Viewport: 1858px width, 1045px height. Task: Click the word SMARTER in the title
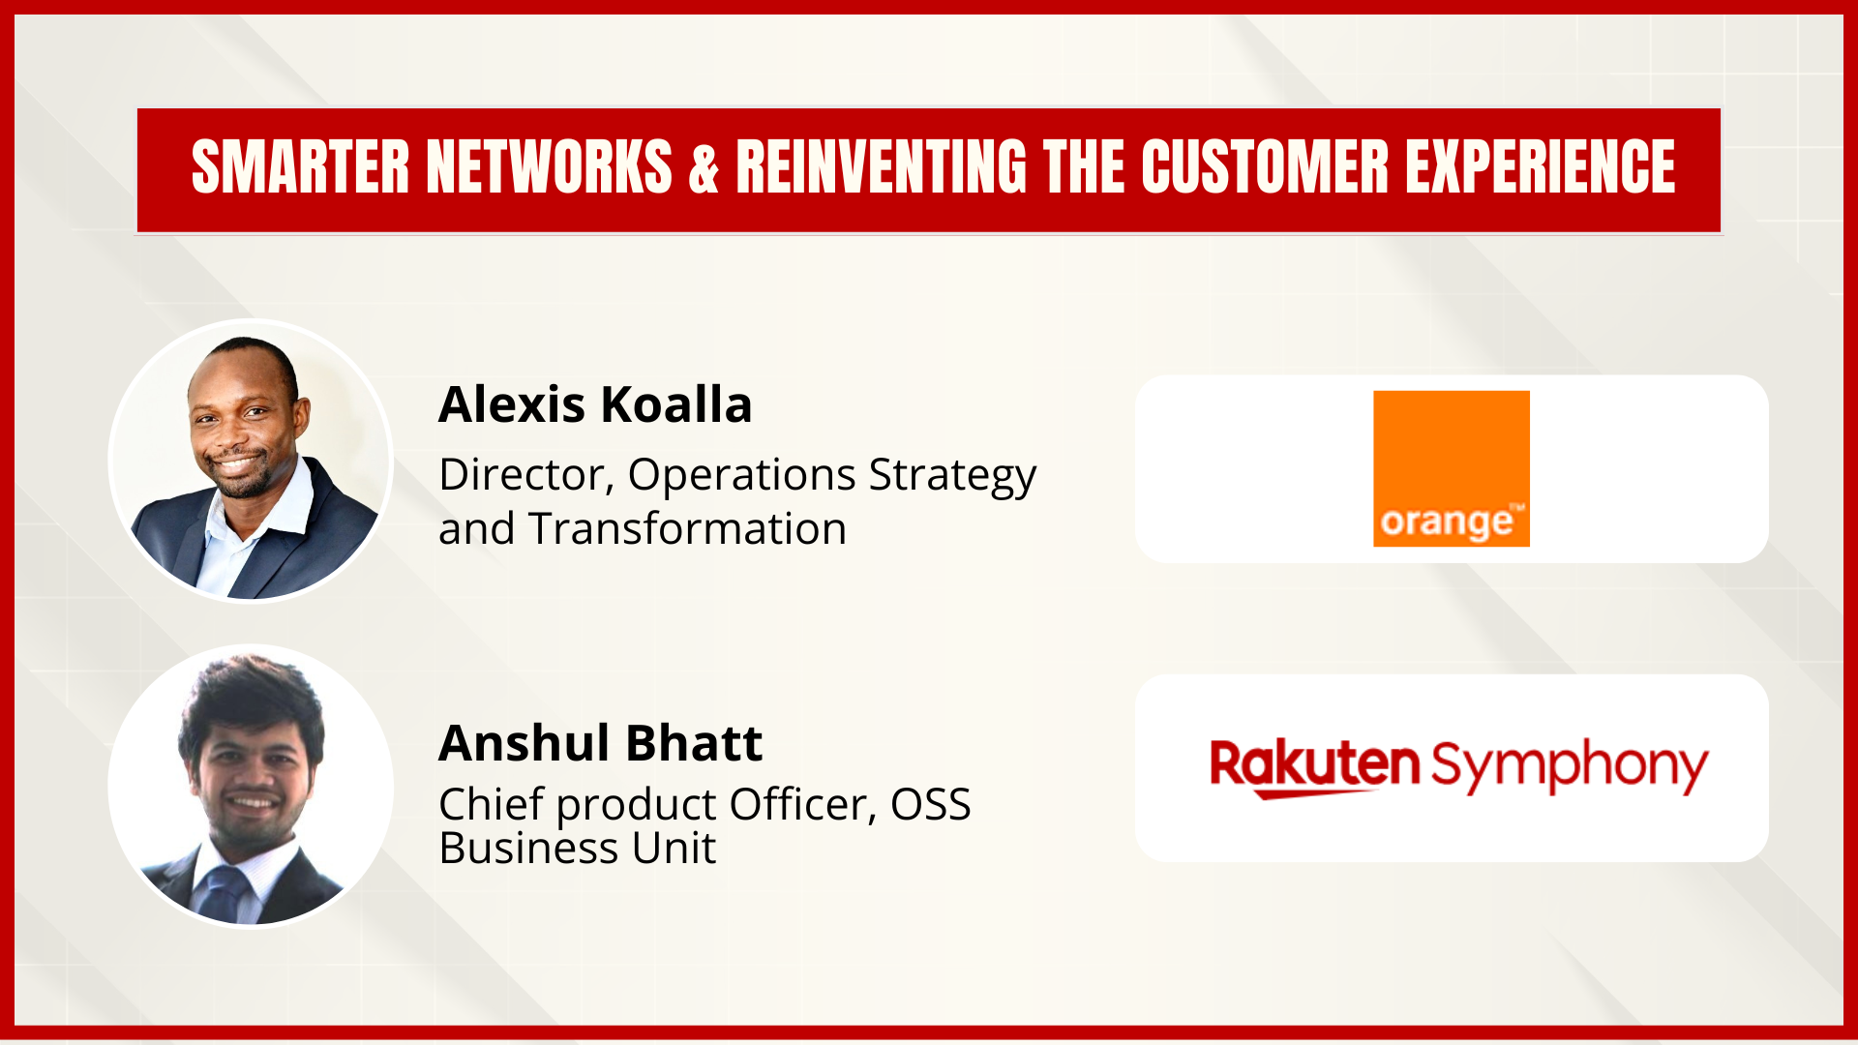[x=301, y=167]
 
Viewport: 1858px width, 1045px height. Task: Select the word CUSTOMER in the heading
[x=1265, y=167]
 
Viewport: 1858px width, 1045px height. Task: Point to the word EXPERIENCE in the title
[x=1540, y=167]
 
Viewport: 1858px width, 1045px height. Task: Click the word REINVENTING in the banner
[x=881, y=167]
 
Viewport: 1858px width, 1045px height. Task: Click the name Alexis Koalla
[x=595, y=404]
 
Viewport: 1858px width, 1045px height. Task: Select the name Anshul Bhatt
[x=600, y=743]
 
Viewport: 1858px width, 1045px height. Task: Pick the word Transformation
[x=687, y=528]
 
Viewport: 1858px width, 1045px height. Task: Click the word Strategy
[x=952, y=476]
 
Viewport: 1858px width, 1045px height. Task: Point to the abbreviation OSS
[x=930, y=804]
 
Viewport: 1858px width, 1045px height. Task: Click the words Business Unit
[x=577, y=849]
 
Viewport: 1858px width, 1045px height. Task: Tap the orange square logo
[x=1451, y=468]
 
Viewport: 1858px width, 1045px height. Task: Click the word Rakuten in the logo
[x=1314, y=766]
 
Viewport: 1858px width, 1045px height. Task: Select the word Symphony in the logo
[x=1569, y=766]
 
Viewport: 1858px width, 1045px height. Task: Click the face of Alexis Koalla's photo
[x=243, y=425]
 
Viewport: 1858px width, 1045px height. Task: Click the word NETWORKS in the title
[x=549, y=167]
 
